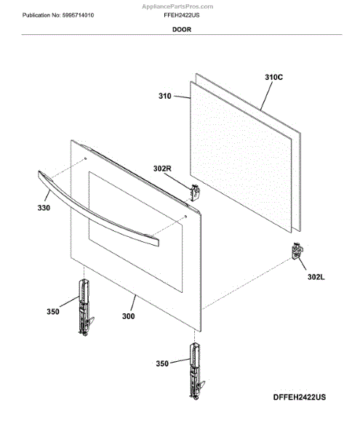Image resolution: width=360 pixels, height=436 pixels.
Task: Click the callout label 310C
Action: tap(273, 77)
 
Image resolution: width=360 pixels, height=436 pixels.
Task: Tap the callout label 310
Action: tap(164, 96)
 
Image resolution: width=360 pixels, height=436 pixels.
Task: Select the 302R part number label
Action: tap(162, 169)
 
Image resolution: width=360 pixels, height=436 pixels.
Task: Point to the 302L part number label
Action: tap(316, 277)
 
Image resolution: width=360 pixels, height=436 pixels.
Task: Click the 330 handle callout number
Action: tap(44, 208)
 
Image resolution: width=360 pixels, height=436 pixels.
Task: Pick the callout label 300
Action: tap(128, 316)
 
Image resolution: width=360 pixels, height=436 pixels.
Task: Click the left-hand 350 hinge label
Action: tap(53, 312)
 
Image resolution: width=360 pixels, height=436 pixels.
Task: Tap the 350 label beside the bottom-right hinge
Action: tap(162, 363)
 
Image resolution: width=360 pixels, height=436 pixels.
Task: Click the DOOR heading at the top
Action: tap(182, 30)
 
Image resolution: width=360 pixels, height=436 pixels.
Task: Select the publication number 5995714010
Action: tap(78, 15)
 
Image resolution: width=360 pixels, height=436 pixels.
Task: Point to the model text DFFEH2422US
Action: tap(300, 397)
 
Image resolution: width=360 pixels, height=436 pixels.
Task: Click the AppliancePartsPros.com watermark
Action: tap(177, 7)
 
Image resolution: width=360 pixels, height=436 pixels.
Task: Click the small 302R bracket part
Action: tap(195, 193)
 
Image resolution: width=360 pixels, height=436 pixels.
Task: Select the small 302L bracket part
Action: tap(297, 251)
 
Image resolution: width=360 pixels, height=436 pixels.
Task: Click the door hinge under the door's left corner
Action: tap(85, 307)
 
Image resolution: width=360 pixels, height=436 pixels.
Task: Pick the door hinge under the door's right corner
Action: tap(196, 371)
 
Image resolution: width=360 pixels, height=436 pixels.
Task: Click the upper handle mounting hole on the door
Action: tap(85, 158)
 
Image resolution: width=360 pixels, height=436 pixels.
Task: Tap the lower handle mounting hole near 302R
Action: tap(185, 217)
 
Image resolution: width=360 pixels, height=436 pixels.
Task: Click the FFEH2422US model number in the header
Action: tap(182, 15)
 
